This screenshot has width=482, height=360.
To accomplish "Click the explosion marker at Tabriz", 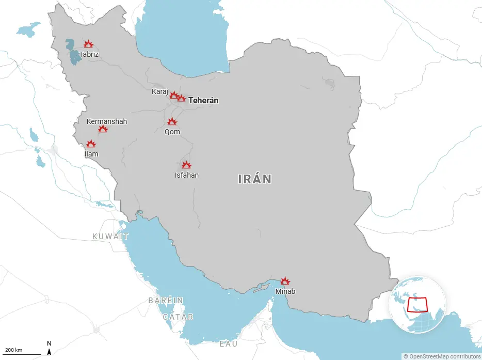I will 88,44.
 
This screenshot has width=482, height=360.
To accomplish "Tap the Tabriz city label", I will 88,54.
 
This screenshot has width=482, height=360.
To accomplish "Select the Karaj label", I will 159,91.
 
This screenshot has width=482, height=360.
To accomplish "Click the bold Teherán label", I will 203,101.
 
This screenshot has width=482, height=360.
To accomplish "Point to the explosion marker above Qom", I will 172,122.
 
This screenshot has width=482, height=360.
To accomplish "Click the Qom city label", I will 172,132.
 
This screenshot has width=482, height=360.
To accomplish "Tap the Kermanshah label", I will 107,121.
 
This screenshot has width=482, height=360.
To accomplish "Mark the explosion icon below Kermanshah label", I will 103,129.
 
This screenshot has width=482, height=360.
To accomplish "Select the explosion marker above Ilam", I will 91,144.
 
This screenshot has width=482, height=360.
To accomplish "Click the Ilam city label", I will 91,154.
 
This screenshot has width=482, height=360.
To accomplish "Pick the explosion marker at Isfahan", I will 186,165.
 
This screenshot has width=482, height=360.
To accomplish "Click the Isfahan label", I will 187,175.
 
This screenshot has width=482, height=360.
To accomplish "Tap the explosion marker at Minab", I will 285,281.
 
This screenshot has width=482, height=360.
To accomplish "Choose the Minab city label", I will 285,291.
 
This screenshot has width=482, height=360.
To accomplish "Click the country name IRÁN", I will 255,179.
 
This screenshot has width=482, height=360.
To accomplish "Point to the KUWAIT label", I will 110,236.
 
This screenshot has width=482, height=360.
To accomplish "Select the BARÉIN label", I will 166,300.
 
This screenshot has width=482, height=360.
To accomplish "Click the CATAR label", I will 178,317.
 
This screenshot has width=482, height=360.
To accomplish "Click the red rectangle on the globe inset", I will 417,305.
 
